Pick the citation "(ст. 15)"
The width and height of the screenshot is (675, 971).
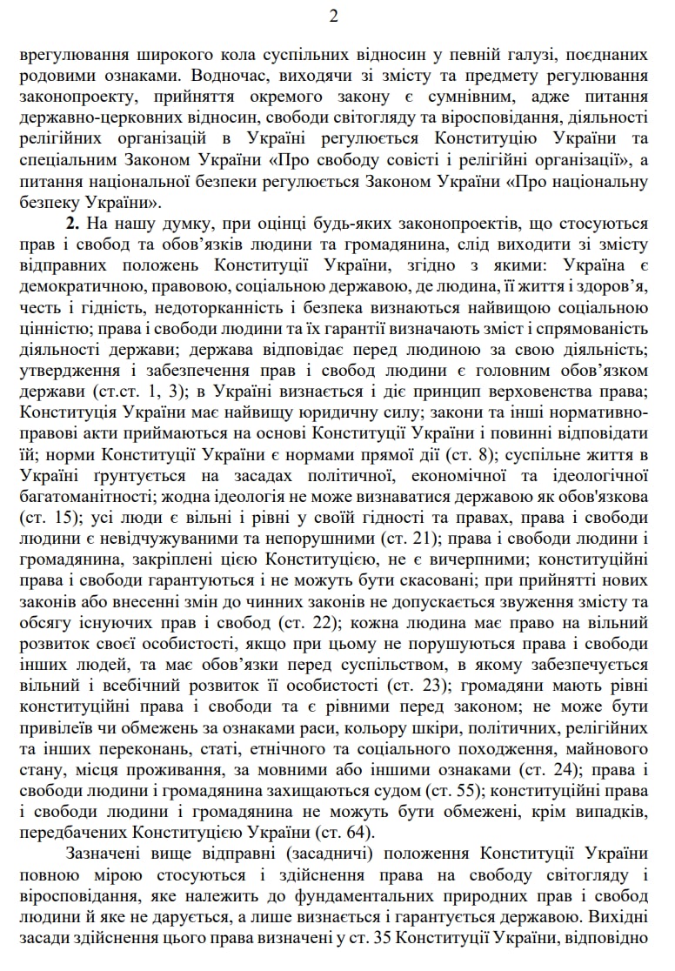pyautogui.click(x=48, y=518)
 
